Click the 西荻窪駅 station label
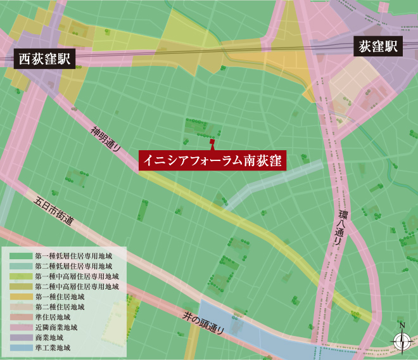44,60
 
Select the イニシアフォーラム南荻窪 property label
212,160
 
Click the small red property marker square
212,142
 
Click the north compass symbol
402,342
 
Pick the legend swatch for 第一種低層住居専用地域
21,256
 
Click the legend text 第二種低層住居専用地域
73,266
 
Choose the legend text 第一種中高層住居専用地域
77,276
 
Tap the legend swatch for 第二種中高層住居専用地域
21,287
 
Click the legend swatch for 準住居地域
21,318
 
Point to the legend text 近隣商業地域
57,328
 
